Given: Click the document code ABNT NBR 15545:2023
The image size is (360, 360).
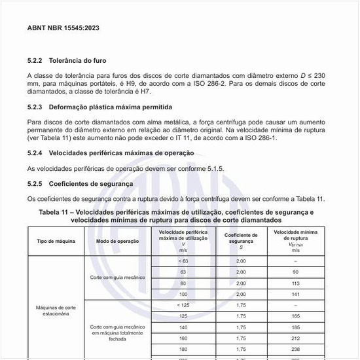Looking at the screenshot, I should click(x=63, y=29).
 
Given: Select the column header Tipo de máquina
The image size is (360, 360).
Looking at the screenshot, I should click(x=56, y=241).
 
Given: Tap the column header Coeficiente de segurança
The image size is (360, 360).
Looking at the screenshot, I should click(x=241, y=241).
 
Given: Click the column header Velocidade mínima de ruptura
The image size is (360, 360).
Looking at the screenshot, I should click(x=296, y=240).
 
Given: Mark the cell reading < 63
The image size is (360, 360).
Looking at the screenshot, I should click(x=183, y=261).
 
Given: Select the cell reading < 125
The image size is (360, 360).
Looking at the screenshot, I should click(x=183, y=305).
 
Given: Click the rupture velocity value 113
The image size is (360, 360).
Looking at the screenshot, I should click(x=296, y=283).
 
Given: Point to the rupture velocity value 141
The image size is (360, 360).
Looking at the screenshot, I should click(x=296, y=294).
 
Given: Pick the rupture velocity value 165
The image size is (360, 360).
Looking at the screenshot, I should click(x=296, y=316).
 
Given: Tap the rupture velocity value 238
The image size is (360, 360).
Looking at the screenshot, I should click(x=296, y=350).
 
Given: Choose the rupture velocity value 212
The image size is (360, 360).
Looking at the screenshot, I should click(x=296, y=338).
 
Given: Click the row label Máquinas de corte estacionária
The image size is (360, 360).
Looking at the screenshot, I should click(x=56, y=310).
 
